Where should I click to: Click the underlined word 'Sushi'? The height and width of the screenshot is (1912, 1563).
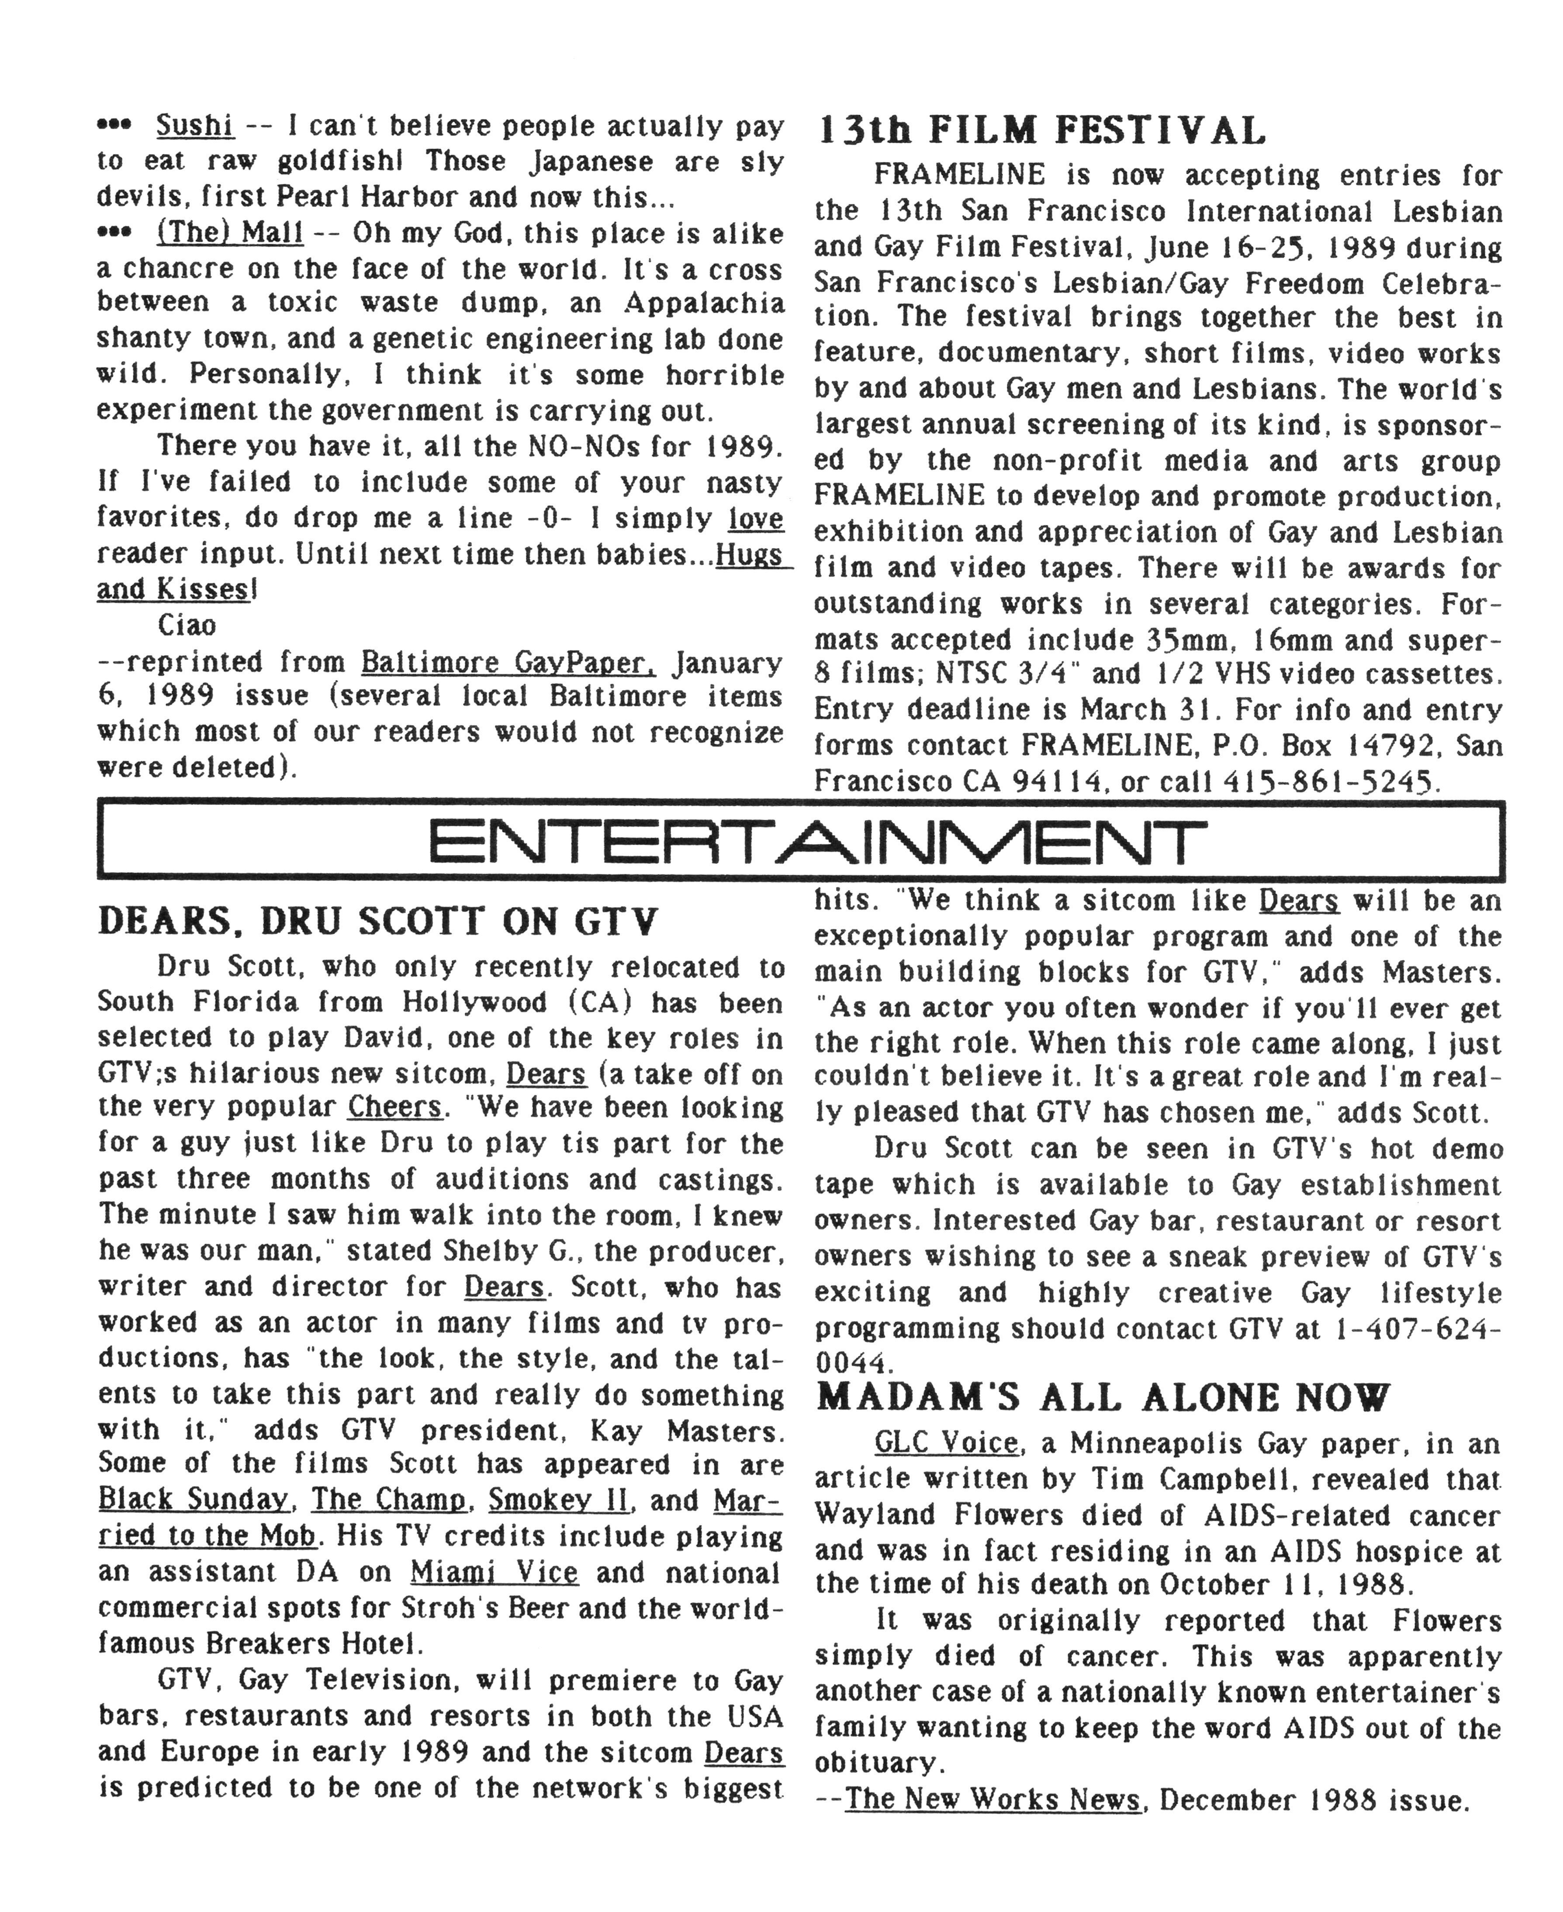[x=194, y=125]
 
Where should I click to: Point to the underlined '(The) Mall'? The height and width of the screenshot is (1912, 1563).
[x=230, y=233]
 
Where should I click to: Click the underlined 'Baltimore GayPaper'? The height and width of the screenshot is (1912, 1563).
[x=508, y=663]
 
